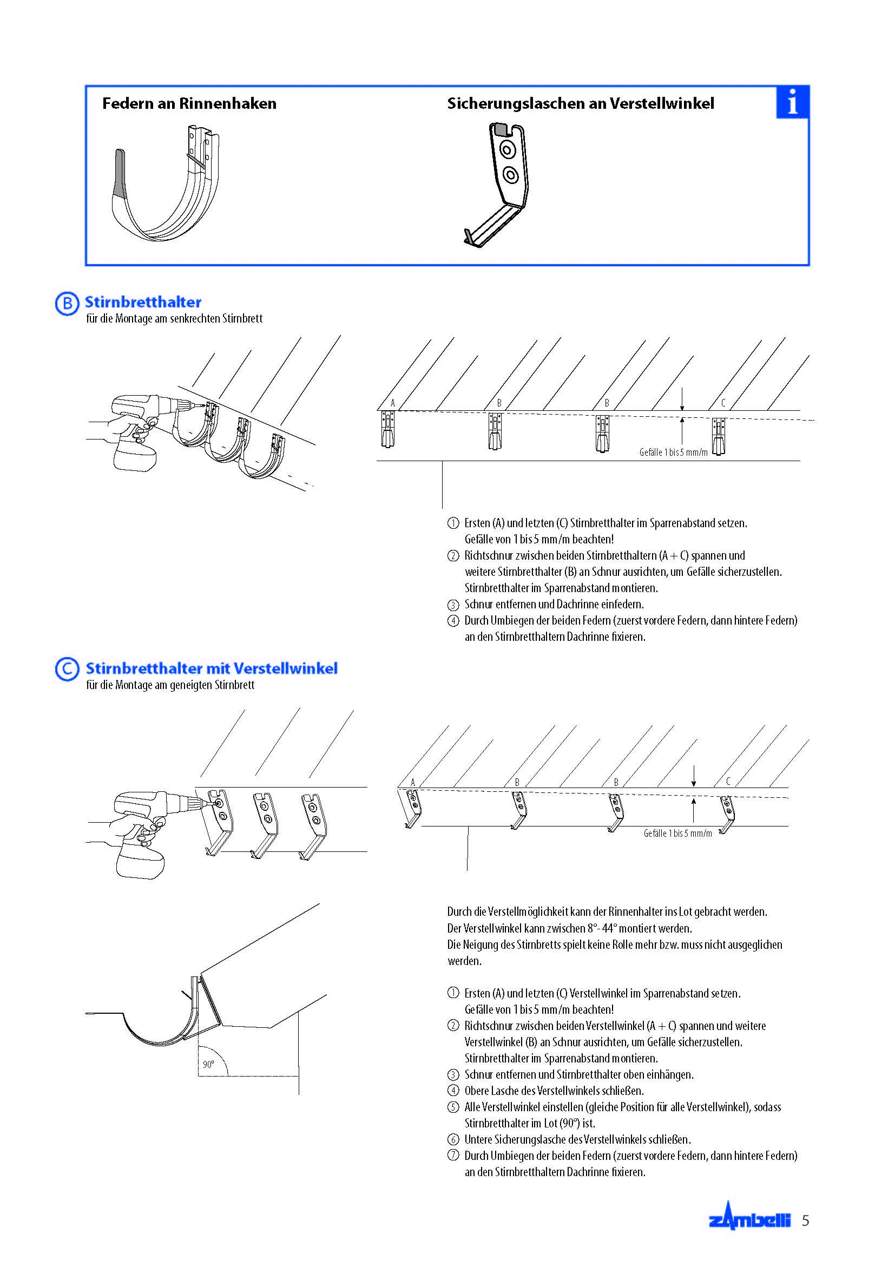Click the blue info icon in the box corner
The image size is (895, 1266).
792,102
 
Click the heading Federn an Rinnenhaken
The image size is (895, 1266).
189,104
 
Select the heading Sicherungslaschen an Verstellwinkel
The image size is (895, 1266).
580,104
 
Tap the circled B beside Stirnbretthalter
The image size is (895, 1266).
67,303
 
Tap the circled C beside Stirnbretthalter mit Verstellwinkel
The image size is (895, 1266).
67,669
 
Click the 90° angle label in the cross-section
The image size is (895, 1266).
208,1064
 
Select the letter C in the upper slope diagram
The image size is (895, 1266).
723,403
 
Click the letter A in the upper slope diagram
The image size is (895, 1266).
393,403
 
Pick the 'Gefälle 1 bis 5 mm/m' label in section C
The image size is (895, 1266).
677,833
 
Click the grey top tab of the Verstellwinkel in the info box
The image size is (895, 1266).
501,129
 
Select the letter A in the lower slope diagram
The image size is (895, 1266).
413,782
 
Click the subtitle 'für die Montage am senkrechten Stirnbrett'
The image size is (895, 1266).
174,319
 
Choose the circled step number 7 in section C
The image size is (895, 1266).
453,1155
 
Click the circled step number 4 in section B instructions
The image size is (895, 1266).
453,621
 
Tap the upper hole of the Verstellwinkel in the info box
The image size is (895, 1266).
507,149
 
